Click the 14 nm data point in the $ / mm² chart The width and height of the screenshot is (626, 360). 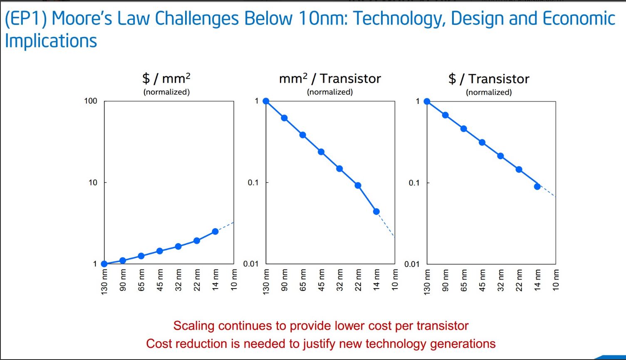point(215,231)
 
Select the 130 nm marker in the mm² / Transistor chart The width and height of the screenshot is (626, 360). point(266,101)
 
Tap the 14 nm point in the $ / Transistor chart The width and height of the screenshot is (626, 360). point(537,187)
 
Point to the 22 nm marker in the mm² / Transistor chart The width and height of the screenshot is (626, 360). point(358,185)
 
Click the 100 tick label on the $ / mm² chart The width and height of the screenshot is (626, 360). point(90,101)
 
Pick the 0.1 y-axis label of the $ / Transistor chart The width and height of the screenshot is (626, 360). point(414,182)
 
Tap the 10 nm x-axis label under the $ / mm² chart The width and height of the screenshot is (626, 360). point(234,280)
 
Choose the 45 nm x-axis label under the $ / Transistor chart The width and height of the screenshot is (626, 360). point(482,280)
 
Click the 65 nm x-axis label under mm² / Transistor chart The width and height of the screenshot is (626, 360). point(303,280)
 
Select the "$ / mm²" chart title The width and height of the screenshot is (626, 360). point(166,78)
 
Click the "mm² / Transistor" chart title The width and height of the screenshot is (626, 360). point(330,78)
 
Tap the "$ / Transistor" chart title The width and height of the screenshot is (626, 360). point(489,79)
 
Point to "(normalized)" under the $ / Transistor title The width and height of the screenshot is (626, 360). point(489,92)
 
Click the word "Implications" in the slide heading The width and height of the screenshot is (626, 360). point(51,41)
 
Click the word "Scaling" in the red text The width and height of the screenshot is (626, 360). point(193,325)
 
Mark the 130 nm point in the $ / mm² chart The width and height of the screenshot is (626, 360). point(104,264)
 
